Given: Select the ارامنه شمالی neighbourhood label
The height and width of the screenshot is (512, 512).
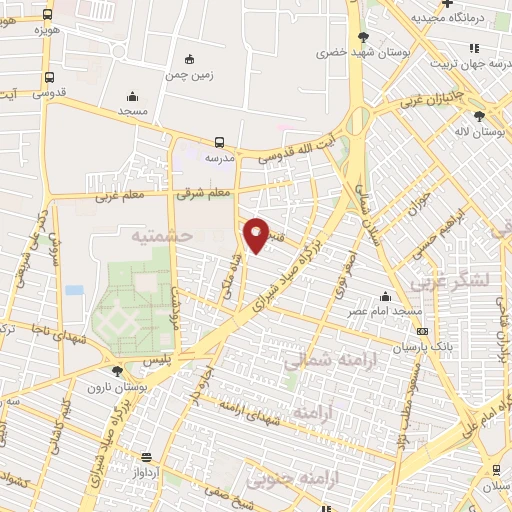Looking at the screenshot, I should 318,360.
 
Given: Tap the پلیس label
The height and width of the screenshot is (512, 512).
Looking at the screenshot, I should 157,358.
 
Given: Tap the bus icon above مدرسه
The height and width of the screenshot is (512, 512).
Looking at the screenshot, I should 219,141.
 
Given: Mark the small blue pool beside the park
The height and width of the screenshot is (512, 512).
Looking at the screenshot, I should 74,290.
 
